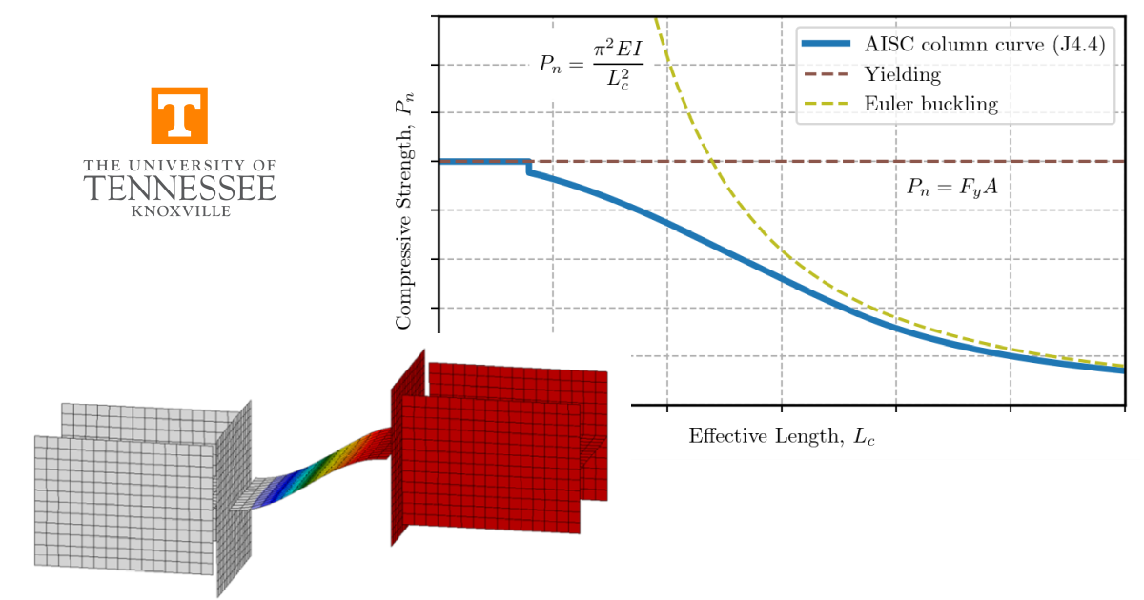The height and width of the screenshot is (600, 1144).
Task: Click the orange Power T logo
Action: pos(178,115)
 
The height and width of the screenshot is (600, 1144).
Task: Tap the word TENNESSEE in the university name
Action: pos(179,189)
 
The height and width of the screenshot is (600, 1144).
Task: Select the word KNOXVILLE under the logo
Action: pos(179,211)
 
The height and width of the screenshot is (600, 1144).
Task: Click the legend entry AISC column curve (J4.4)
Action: pos(982,45)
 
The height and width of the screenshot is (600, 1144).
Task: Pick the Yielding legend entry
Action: pos(902,74)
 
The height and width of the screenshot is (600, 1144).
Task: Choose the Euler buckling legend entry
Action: pos(930,104)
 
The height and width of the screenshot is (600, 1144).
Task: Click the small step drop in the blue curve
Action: pos(529,168)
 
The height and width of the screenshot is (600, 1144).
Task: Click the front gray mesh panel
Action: pos(124,505)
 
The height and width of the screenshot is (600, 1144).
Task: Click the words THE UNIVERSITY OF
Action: pos(179,166)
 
